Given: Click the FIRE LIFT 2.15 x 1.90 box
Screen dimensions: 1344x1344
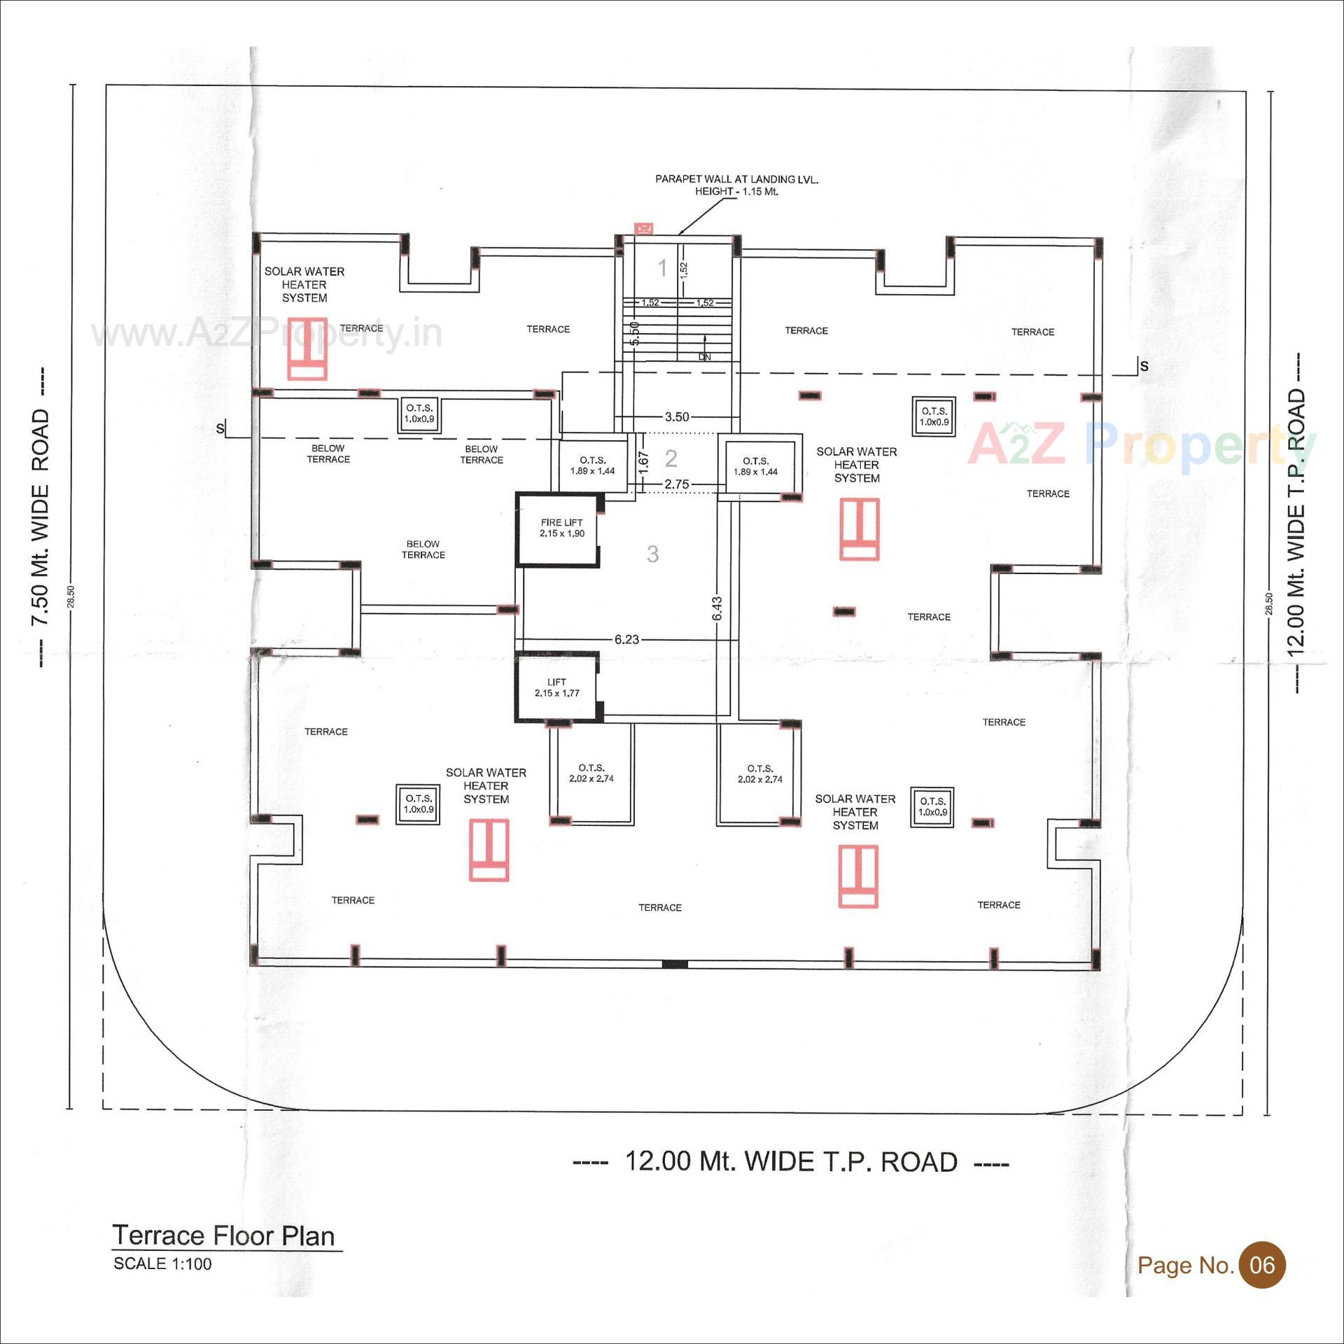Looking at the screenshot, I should tap(561, 528).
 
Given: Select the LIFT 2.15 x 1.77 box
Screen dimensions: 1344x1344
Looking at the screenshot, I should tap(557, 687).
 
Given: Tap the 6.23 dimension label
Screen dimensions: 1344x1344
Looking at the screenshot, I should tap(626, 639).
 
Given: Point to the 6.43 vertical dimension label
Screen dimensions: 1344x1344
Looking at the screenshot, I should tap(717, 608).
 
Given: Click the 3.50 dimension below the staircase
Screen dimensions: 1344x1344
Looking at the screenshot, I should tap(676, 417).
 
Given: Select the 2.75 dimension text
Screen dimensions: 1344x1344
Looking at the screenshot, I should tap(676, 484).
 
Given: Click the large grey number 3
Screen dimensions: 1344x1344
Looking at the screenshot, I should tap(652, 554).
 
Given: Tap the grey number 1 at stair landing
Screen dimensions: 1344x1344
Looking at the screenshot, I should tap(661, 267).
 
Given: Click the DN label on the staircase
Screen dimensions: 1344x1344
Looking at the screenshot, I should tap(704, 357).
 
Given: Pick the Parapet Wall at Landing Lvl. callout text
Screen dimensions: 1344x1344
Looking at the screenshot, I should tap(736, 185).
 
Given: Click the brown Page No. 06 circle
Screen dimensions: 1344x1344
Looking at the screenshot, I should tap(1262, 1265).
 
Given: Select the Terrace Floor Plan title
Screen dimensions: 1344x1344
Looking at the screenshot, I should tap(224, 1235).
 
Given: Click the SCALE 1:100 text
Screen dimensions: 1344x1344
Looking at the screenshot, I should tap(162, 1264).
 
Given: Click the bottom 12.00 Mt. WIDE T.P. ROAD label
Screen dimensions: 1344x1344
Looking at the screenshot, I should tap(790, 1161).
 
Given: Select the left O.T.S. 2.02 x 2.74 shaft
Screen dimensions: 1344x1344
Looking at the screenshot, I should tap(591, 773).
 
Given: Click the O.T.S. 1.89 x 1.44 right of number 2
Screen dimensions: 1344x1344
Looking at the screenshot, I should tap(756, 466).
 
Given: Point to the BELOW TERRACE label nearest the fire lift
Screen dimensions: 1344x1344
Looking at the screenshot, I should tap(423, 549).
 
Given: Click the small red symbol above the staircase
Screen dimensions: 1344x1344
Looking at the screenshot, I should tap(643, 228).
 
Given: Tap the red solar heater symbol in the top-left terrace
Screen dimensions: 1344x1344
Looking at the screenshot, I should tap(307, 358).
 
